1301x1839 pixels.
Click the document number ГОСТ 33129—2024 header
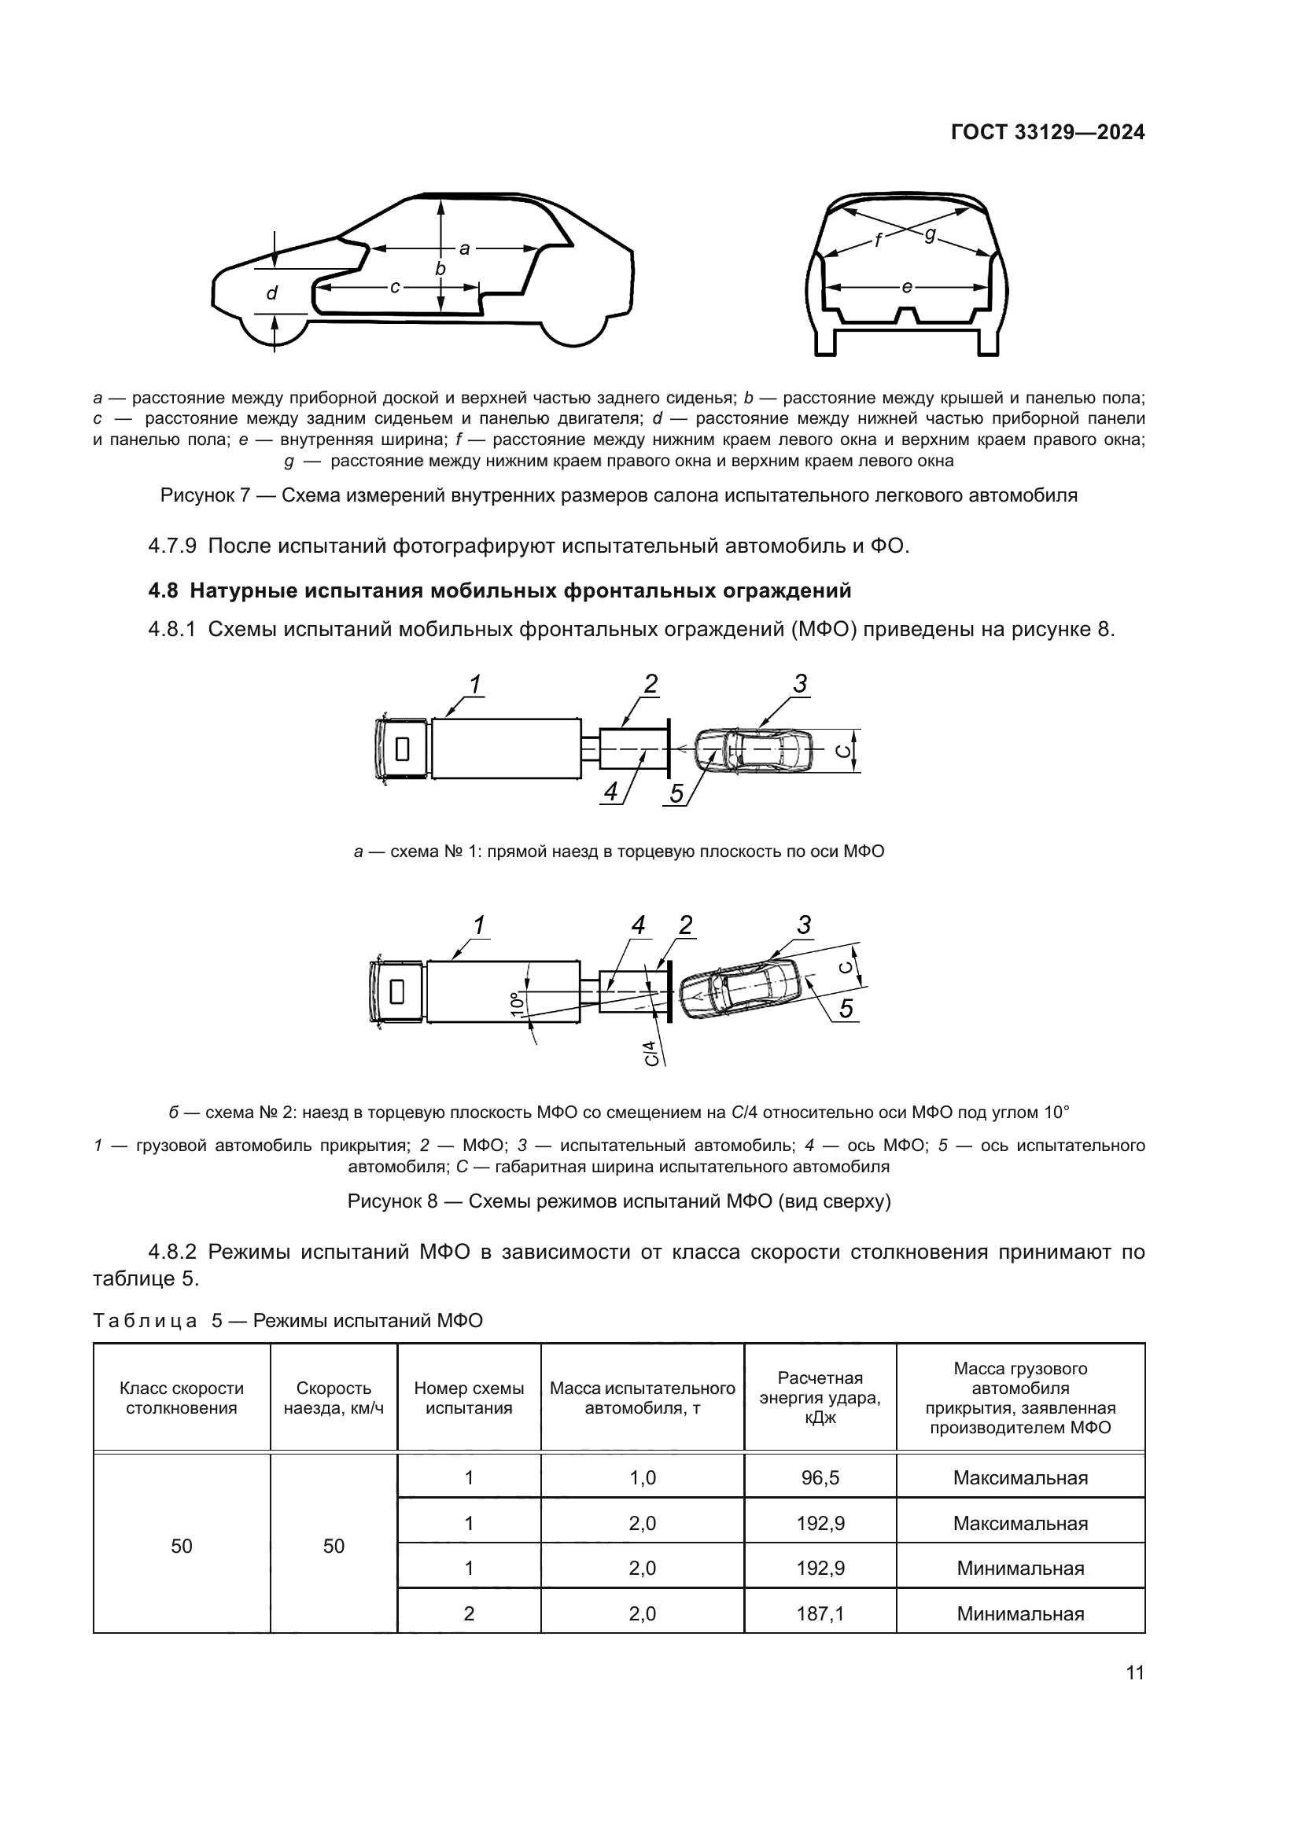(1047, 133)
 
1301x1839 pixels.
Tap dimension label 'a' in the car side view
(464, 248)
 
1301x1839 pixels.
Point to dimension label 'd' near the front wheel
(271, 294)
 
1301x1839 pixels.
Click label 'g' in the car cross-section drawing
(929, 234)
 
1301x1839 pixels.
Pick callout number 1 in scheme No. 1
(475, 684)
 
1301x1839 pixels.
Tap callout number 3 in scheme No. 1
(799, 684)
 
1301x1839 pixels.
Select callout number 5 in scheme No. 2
(847, 1010)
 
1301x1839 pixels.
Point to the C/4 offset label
(652, 1053)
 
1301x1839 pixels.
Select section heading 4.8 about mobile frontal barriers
(500, 591)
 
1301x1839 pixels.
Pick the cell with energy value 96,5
(820, 1478)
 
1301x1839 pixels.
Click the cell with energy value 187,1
(820, 1613)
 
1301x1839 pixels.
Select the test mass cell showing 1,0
(642, 1478)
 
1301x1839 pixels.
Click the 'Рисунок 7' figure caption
(618, 495)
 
